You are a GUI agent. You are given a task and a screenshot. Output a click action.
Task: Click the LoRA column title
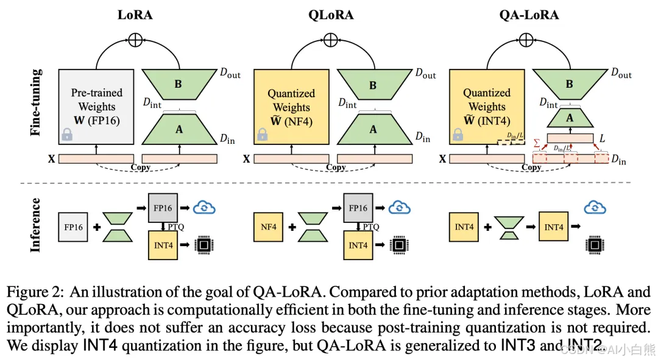click(135, 15)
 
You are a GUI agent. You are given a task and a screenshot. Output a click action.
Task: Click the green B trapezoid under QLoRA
click(373, 85)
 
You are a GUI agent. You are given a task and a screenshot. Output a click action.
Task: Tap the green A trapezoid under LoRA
click(179, 129)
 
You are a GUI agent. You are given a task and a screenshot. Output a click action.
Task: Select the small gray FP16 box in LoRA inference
click(73, 227)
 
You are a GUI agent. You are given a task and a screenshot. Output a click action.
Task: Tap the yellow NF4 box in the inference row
click(269, 227)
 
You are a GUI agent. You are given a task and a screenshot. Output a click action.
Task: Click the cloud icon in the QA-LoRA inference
click(595, 208)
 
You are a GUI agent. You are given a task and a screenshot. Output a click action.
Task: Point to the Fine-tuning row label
click(37, 102)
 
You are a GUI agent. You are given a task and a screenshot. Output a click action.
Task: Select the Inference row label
click(37, 225)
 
